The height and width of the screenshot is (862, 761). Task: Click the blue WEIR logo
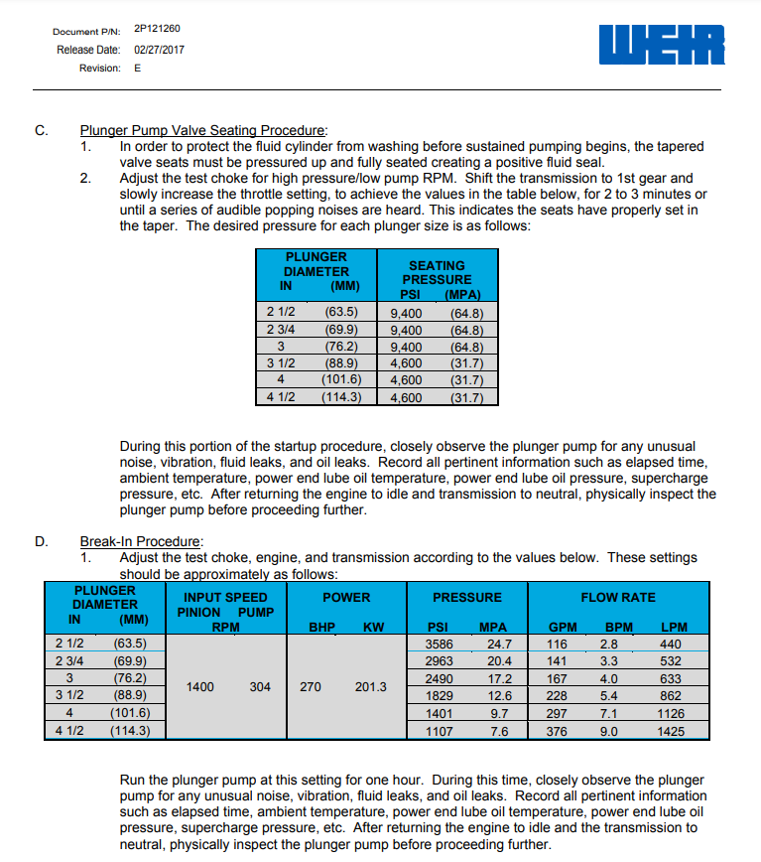click(663, 45)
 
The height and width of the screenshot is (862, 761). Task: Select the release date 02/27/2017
click(159, 49)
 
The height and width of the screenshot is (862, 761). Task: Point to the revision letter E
click(137, 68)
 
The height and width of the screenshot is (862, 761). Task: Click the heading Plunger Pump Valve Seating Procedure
click(202, 130)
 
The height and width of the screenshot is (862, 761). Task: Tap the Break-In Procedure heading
click(140, 541)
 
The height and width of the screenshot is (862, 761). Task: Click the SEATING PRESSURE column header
click(437, 272)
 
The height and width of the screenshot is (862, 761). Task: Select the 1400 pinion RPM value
click(200, 686)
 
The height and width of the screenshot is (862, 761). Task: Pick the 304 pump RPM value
click(260, 686)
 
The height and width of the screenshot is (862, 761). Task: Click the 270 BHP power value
click(311, 686)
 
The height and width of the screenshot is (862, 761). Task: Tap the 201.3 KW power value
click(370, 686)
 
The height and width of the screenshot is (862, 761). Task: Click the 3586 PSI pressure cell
click(439, 644)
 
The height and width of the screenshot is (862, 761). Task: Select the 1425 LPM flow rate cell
click(671, 732)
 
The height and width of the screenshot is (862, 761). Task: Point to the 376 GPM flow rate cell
click(557, 732)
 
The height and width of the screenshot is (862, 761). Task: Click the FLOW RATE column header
click(617, 597)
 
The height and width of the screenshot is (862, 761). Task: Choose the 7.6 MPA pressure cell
click(500, 732)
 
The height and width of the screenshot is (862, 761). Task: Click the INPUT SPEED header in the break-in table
click(225, 597)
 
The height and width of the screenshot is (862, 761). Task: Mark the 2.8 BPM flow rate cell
click(609, 644)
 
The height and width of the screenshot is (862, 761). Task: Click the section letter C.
click(41, 130)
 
